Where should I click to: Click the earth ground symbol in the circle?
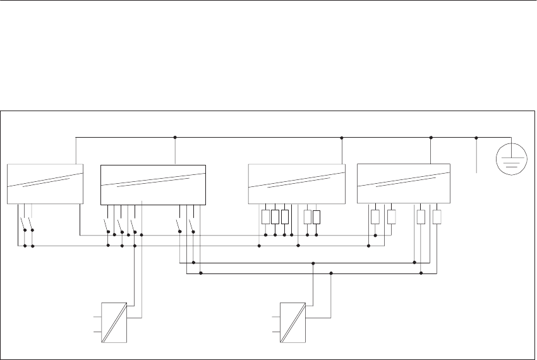[x=511, y=159]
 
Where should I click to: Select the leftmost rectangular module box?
[x=45, y=184]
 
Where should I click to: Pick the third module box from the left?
[x=297, y=184]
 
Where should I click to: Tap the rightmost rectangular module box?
[x=404, y=183]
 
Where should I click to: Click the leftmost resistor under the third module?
[x=265, y=217]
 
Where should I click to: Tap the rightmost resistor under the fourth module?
[x=437, y=217]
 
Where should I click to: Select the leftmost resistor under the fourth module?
[x=375, y=217]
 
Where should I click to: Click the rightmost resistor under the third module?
[x=317, y=217]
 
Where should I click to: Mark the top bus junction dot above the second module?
[x=174, y=137]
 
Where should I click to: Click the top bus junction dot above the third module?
[x=341, y=137]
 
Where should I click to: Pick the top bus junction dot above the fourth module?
[x=430, y=137]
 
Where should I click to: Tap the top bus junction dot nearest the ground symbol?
[x=476, y=137]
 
